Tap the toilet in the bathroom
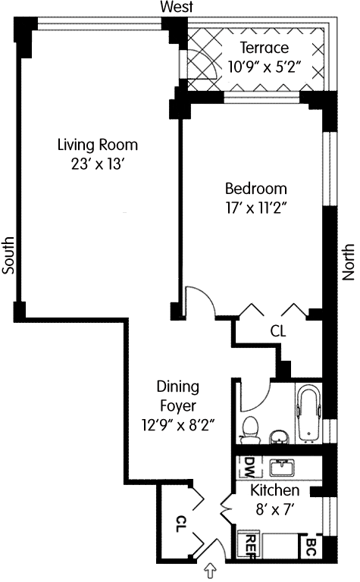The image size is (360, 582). click(249, 430)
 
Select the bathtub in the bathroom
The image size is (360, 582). click(308, 412)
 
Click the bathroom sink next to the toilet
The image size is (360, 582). click(279, 437)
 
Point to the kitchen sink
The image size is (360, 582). click(282, 468)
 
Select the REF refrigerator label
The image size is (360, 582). click(252, 546)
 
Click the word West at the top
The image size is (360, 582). click(177, 7)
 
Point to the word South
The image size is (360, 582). click(8, 255)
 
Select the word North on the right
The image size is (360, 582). click(348, 261)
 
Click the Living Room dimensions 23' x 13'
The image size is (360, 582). click(97, 164)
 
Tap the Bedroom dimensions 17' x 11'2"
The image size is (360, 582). click(255, 208)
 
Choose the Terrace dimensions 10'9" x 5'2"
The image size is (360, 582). click(264, 67)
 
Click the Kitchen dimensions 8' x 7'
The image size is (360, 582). click(274, 510)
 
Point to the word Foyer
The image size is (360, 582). click(178, 405)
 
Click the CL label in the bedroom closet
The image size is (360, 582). click(278, 331)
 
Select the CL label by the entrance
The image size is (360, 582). click(180, 524)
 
